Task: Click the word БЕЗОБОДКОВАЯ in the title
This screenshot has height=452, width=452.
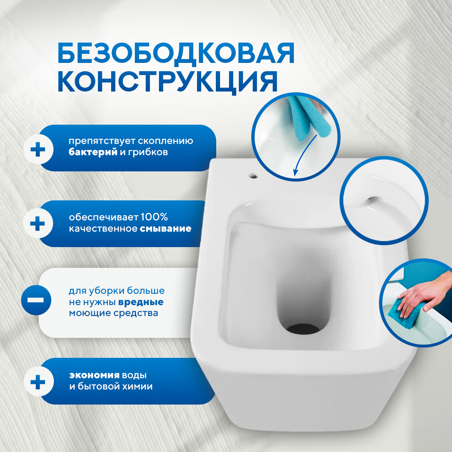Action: pos(176,53)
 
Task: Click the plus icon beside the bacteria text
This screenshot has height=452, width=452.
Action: pos(38,150)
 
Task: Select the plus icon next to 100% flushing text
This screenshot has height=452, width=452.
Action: pos(37,224)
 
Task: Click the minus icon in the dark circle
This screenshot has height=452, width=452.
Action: pos(36,300)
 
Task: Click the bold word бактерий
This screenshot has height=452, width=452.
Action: pos(93,153)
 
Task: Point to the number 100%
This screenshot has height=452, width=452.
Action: pos(154,217)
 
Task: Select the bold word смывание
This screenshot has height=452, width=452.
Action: pos(165,229)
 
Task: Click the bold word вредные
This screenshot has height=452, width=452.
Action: pos(140,302)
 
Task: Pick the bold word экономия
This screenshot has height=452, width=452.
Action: pos(94,375)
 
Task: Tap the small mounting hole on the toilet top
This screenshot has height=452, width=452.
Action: pos(253,176)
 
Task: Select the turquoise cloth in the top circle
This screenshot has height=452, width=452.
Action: pos(309,117)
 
